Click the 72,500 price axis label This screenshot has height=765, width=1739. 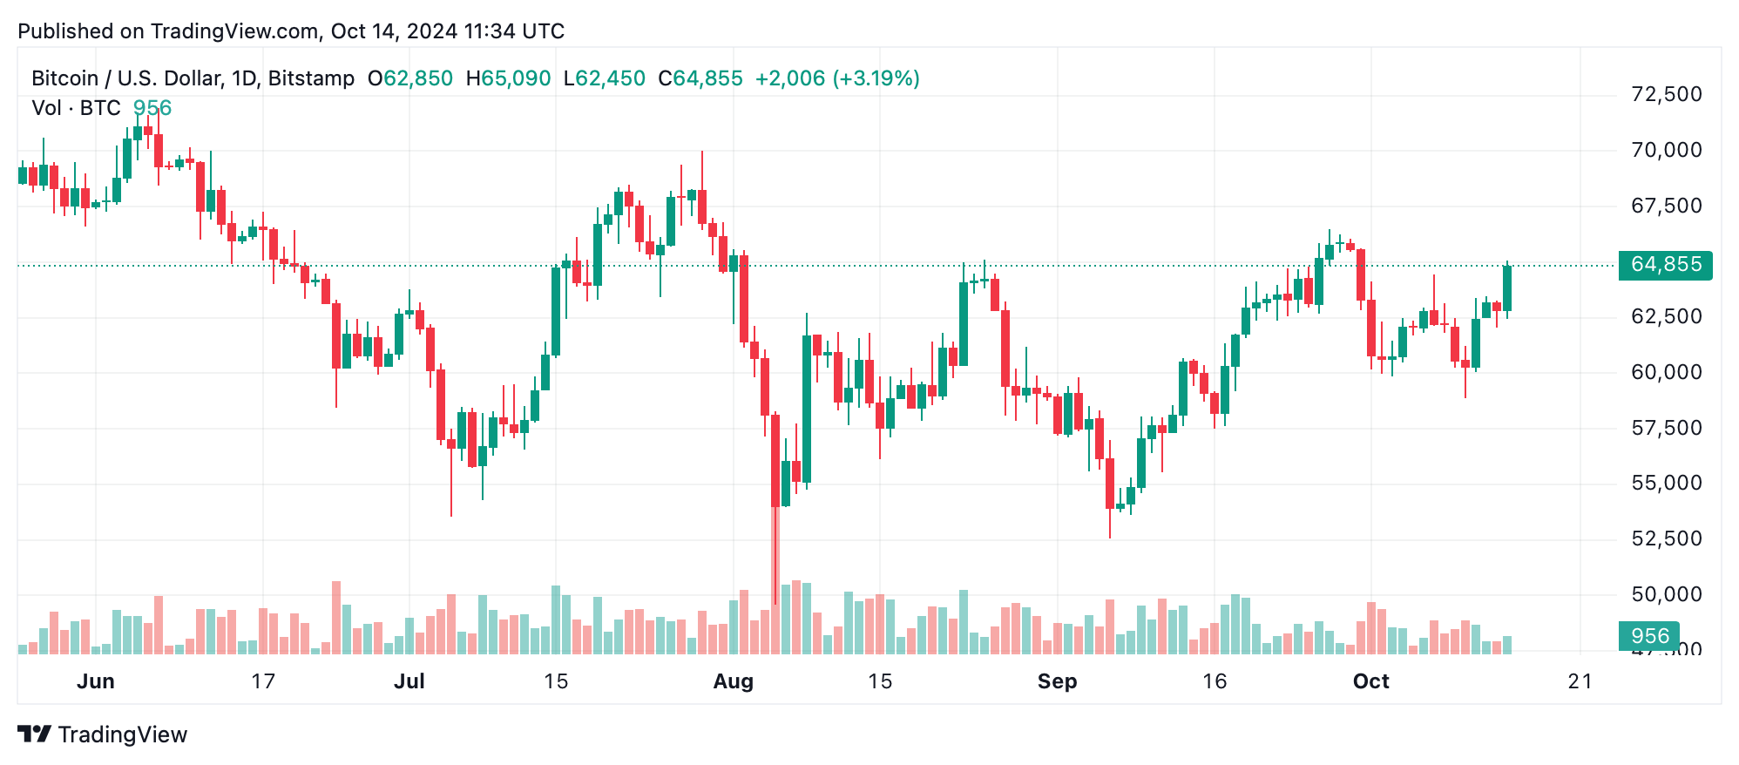coord(1666,94)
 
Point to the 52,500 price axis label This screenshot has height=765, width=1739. coord(1666,538)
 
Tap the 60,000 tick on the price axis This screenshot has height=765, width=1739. coord(1666,372)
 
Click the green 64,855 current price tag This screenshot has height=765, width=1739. coord(1665,265)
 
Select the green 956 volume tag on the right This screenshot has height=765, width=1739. coord(1649,636)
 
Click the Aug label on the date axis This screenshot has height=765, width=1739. coord(733,681)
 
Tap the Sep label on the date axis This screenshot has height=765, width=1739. coord(1057,681)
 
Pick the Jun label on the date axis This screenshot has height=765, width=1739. coord(96,681)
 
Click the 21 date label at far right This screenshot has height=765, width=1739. coord(1580,681)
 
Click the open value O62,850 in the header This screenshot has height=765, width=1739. coord(410,78)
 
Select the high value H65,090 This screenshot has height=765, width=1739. coord(509,78)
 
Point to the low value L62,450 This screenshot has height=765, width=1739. coord(605,78)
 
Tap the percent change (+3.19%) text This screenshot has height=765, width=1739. coord(876,78)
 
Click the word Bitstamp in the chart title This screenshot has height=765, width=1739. coord(311,78)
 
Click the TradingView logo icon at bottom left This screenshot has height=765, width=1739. coord(35,735)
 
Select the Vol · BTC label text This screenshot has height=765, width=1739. coord(77,108)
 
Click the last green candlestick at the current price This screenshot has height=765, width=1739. coord(1507,288)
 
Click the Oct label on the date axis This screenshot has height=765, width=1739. coord(1370,681)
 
